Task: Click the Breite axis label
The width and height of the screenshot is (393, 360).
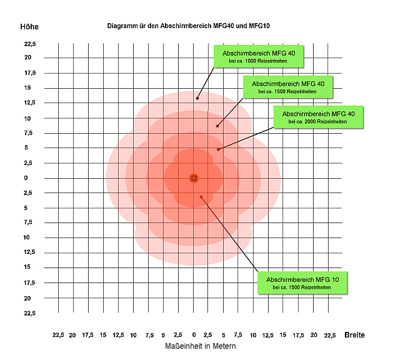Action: pyautogui.click(x=355, y=335)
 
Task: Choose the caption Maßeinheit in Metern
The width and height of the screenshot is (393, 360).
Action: pyautogui.click(x=201, y=346)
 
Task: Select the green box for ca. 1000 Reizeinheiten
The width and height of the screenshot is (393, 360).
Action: pyautogui.click(x=259, y=56)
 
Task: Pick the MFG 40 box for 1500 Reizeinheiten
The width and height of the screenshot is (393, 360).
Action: pyautogui.click(x=287, y=87)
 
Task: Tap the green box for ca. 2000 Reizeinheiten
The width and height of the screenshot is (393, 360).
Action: pyautogui.click(x=318, y=117)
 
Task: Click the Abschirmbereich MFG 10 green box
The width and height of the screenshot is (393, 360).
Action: pyautogui.click(x=302, y=282)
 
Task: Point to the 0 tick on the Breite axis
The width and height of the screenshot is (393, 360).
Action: pyautogui.click(x=194, y=335)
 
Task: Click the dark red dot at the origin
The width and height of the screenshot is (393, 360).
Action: pyautogui.click(x=194, y=178)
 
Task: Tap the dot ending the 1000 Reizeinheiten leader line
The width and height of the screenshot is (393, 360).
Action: pyautogui.click(x=197, y=98)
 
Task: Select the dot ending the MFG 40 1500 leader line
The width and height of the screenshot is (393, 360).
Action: pyautogui.click(x=217, y=126)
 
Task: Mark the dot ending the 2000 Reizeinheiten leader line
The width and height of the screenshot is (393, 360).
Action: pyautogui.click(x=218, y=149)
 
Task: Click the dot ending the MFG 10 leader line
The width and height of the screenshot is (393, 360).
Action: pyautogui.click(x=201, y=197)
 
